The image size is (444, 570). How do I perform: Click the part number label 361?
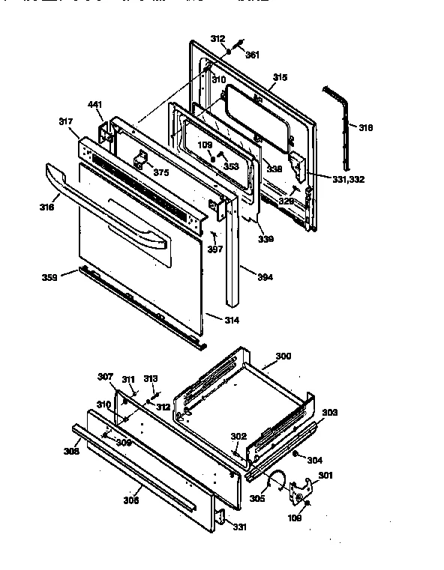(x=253, y=55)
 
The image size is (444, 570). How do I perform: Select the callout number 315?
(x=280, y=77)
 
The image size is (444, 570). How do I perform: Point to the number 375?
(x=160, y=173)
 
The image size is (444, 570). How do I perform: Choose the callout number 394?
(x=265, y=277)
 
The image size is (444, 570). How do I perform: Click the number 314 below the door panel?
(x=232, y=320)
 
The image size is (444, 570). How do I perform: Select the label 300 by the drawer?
(x=283, y=356)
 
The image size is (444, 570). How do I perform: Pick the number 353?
(x=231, y=166)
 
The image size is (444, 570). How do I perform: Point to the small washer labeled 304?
(x=297, y=455)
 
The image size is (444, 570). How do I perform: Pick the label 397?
(x=215, y=249)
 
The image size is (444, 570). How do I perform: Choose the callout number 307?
(x=106, y=376)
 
